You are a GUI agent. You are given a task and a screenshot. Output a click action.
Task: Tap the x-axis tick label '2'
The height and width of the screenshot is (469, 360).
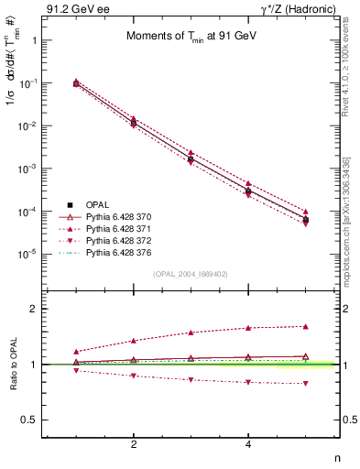coord(134,444)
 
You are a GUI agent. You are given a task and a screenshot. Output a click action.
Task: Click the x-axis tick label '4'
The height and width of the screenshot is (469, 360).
coord(248,444)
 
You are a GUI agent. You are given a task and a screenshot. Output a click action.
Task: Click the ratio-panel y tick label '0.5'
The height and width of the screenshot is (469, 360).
coord(30,420)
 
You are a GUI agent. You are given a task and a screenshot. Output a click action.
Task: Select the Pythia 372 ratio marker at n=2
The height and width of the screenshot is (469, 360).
coord(134,376)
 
